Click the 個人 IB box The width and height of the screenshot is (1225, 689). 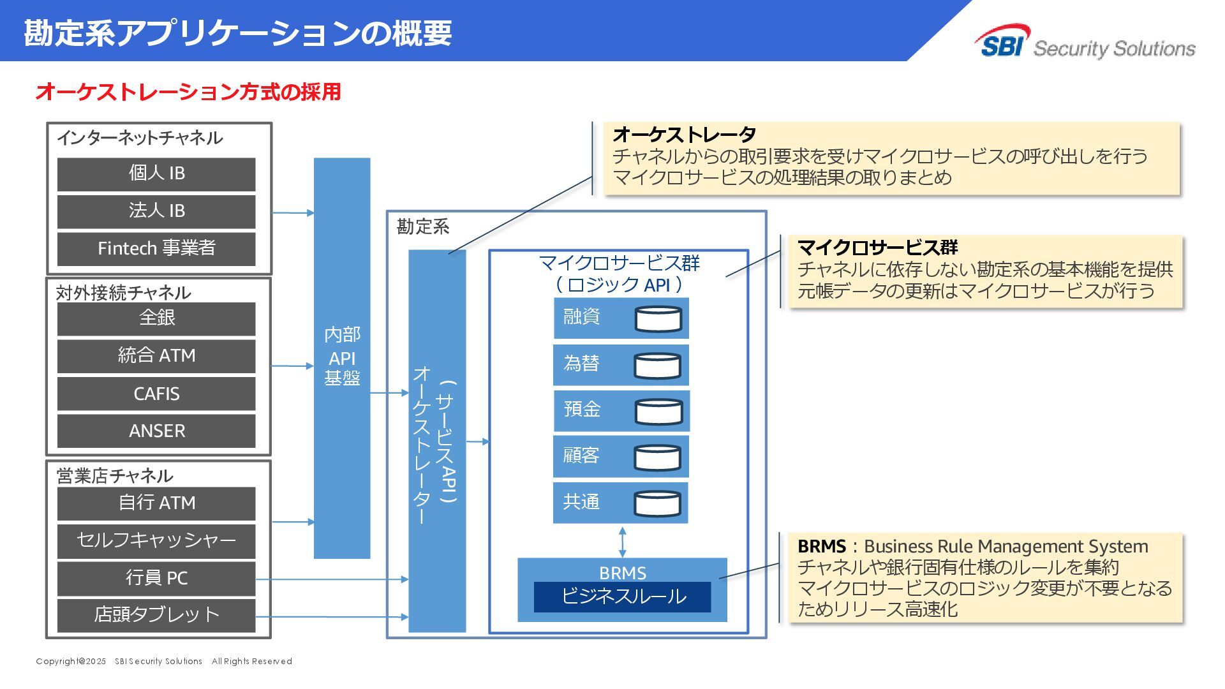coord(156,174)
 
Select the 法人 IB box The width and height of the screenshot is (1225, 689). coord(156,211)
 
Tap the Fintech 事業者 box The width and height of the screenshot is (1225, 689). coord(156,248)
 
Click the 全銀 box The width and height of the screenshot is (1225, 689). coord(156,318)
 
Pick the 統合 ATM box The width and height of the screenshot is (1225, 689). coord(156,356)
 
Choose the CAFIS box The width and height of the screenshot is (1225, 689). coord(156,394)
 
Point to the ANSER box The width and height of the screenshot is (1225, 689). coord(156,431)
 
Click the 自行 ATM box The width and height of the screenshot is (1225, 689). coord(156,503)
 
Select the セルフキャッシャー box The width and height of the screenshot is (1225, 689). coord(156,541)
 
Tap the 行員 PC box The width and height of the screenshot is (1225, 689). coord(156,578)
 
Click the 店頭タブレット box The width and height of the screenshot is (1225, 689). coord(156,615)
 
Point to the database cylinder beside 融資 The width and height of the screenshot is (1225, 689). coord(658,318)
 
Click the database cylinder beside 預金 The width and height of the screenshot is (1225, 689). coord(658,411)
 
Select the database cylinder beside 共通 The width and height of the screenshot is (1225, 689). coord(658,503)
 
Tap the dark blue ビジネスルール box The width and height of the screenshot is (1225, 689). coord(622,596)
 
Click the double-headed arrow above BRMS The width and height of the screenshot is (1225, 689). coord(623,541)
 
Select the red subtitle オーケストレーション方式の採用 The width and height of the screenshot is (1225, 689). coord(188,92)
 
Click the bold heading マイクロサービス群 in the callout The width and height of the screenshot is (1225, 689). coord(877,248)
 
